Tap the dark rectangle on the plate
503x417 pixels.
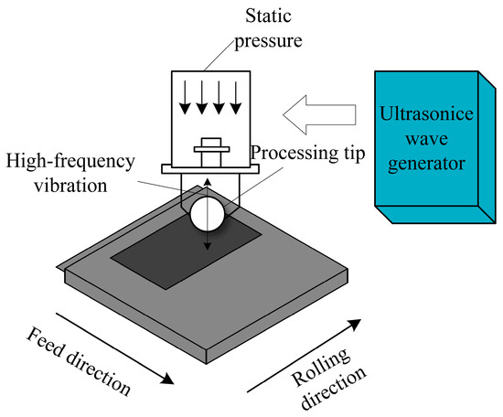183,251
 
